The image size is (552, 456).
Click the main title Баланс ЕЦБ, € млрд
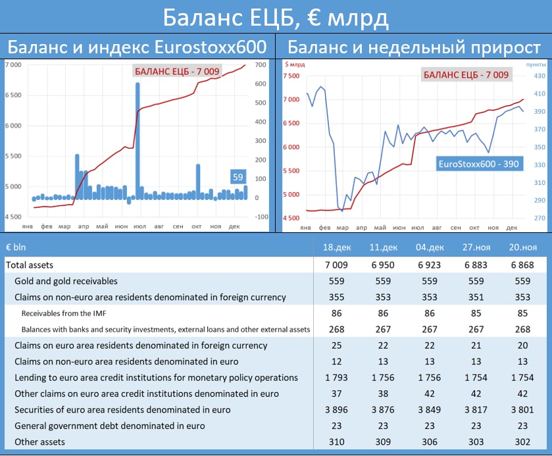pos(276,17)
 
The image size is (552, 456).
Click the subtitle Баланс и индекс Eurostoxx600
pos(137,47)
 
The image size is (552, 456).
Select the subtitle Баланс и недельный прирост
pos(414,47)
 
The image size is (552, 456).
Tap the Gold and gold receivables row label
pos(66,281)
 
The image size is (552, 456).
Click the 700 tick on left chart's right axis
pos(261,64)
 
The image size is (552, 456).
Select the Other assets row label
pos(40,442)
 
